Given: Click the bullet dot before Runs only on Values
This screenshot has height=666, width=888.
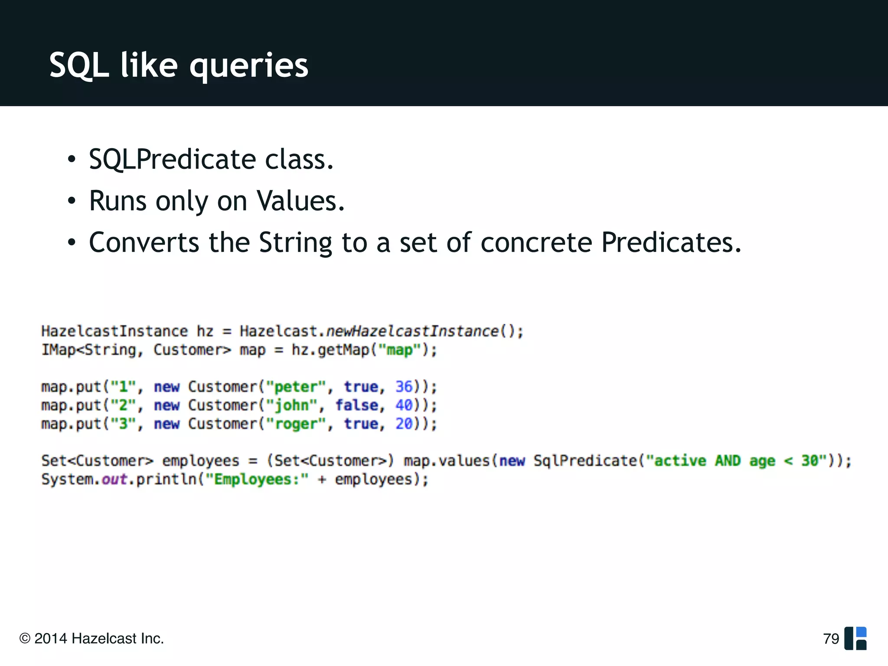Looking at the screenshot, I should click(x=72, y=201).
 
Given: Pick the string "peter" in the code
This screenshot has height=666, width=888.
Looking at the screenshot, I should click(x=296, y=387).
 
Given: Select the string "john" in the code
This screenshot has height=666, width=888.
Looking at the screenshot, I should click(x=291, y=405).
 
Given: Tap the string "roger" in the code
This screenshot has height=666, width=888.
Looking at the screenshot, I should click(x=296, y=424).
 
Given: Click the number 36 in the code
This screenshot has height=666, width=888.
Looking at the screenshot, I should click(x=404, y=386).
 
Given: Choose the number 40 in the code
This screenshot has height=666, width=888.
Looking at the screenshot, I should click(x=404, y=405).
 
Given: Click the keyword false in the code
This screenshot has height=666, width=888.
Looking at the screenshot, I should click(x=356, y=405).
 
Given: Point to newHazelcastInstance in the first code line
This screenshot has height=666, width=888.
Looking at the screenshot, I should click(x=412, y=331).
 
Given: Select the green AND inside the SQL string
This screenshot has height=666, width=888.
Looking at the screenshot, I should click(x=728, y=460).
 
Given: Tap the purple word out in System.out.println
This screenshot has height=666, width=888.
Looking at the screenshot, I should click(x=114, y=480).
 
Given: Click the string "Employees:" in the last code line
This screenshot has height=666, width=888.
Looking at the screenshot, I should click(x=257, y=480).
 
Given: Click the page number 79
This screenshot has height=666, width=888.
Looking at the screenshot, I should click(x=831, y=639).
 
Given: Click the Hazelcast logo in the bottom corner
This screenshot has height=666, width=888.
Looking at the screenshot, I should click(x=855, y=638).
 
